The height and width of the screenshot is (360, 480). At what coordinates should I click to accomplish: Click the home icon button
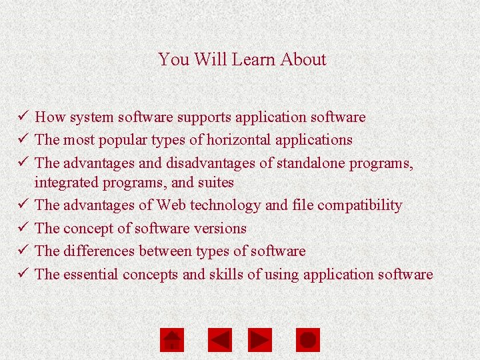coord(172,340)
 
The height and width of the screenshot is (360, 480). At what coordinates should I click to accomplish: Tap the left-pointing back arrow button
coord(220,340)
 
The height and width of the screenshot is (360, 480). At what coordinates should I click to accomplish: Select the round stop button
coord(308,340)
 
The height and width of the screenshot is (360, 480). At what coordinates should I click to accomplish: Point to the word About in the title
coord(303,59)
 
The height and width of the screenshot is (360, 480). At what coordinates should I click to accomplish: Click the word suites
coord(215,182)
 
